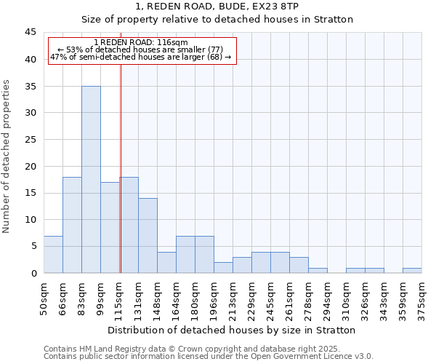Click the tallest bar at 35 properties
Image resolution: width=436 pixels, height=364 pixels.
click(91, 179)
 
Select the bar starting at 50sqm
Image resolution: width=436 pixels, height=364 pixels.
click(53, 254)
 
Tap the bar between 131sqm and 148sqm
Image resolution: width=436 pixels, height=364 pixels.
click(148, 235)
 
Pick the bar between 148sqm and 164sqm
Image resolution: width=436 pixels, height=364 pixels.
click(166, 262)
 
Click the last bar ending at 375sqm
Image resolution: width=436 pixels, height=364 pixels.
click(412, 270)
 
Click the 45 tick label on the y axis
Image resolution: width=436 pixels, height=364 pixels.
click(31, 33)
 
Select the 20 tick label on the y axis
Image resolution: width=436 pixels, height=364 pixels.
click(31, 166)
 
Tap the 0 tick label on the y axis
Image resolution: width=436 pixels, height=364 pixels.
click(33, 273)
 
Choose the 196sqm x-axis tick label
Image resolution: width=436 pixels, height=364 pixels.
click(214, 297)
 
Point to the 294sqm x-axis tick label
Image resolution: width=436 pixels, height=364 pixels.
click(327, 297)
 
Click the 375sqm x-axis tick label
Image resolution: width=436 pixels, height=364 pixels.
click(421, 297)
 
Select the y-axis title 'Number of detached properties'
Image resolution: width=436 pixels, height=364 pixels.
click(7, 157)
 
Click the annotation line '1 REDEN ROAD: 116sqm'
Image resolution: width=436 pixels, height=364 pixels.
click(141, 42)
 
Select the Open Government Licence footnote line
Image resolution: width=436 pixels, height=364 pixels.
click(209, 356)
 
